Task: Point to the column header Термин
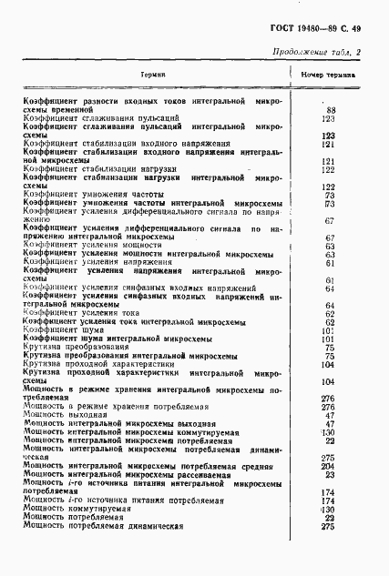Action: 152,74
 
